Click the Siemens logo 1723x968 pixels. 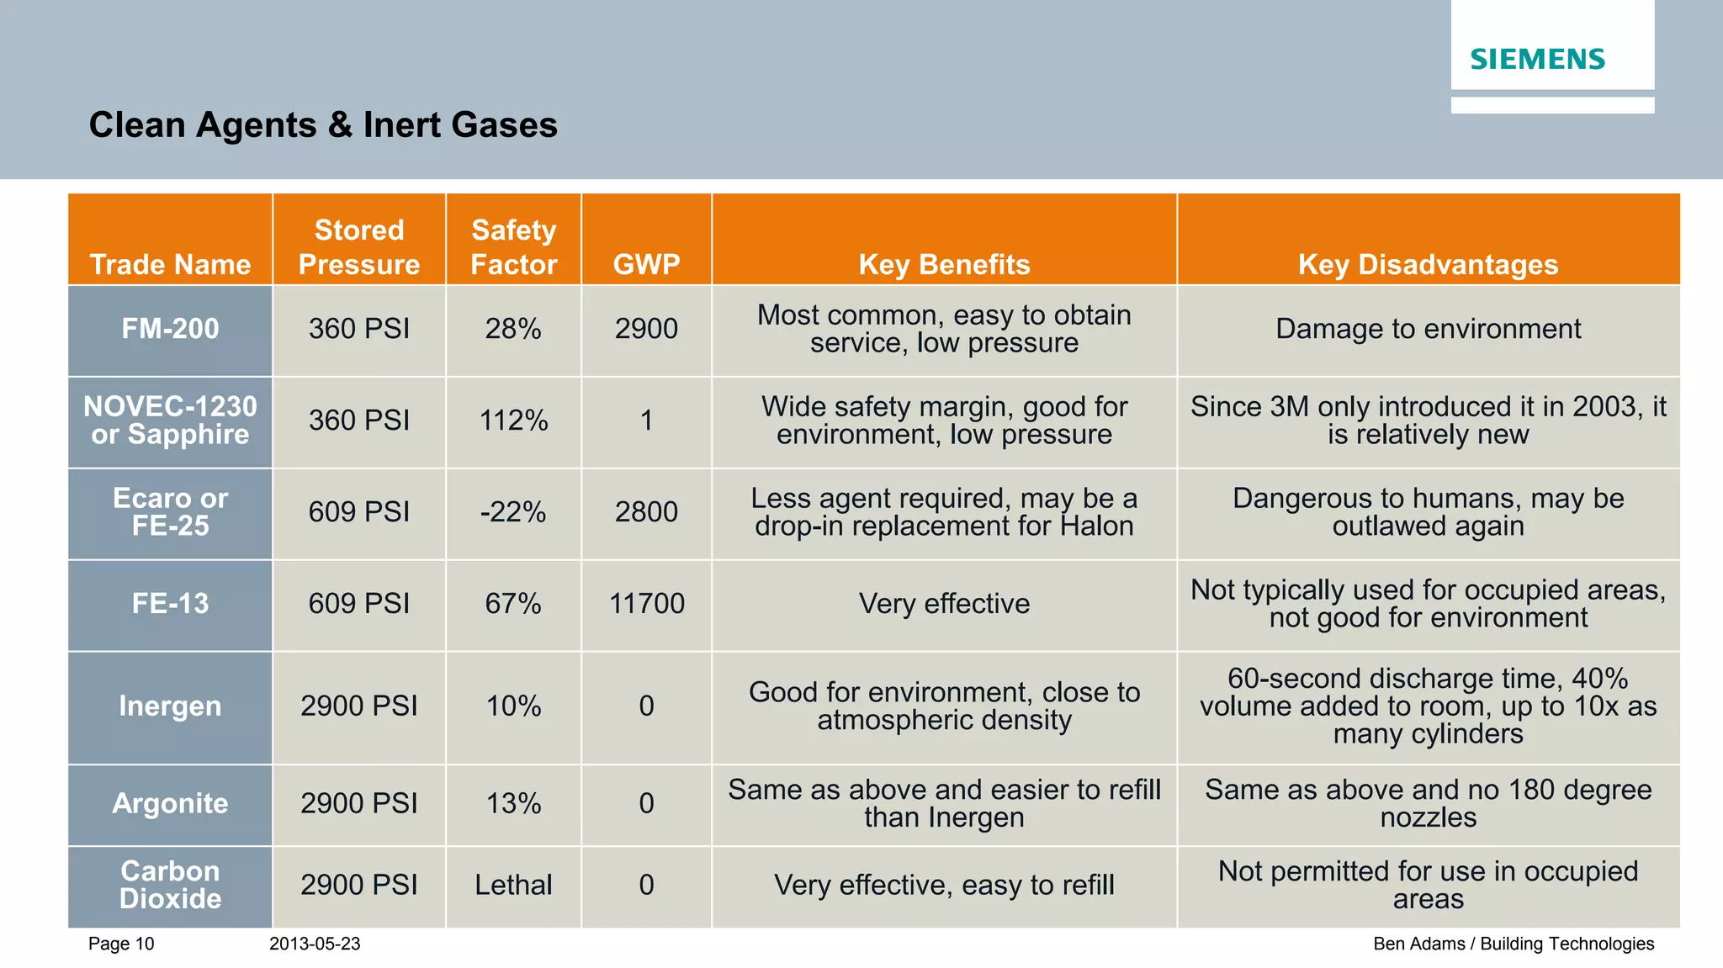click(x=1537, y=60)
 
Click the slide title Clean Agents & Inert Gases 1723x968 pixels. click(x=323, y=125)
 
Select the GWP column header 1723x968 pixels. click(x=646, y=264)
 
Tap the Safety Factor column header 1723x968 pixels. click(x=513, y=247)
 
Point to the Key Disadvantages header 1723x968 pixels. click(x=1428, y=264)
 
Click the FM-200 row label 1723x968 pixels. click(x=170, y=329)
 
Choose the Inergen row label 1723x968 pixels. click(x=170, y=706)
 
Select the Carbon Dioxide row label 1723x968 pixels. click(x=170, y=885)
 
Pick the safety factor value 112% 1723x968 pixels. click(x=513, y=421)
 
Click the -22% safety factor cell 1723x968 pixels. click(x=513, y=512)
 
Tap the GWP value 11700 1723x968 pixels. click(x=646, y=604)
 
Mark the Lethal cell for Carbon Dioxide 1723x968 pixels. click(x=513, y=885)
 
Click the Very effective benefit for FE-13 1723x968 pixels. click(x=944, y=604)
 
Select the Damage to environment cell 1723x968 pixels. click(x=1428, y=329)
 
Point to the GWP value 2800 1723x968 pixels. click(x=646, y=512)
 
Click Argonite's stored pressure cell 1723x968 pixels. click(x=359, y=803)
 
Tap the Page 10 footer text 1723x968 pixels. click(x=121, y=944)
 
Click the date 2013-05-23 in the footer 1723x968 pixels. click(x=315, y=944)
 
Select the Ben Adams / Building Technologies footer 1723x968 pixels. click(x=1513, y=944)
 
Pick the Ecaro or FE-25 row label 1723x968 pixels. click(x=170, y=512)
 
